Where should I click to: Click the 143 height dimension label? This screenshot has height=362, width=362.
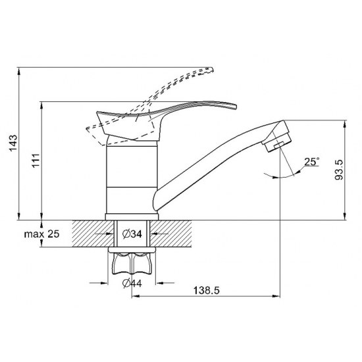[x=13, y=143]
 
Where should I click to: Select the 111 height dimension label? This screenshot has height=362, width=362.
[x=36, y=161]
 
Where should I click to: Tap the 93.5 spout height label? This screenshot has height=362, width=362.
[x=339, y=170]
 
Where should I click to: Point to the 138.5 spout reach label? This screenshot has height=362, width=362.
[x=207, y=290]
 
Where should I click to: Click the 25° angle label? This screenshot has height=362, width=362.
[x=312, y=162]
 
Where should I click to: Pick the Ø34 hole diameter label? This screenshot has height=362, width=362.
[x=132, y=234]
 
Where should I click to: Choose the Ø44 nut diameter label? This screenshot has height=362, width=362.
[x=132, y=283]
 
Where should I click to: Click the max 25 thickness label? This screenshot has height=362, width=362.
[x=41, y=234]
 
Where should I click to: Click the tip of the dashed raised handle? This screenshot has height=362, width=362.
[x=211, y=70]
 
